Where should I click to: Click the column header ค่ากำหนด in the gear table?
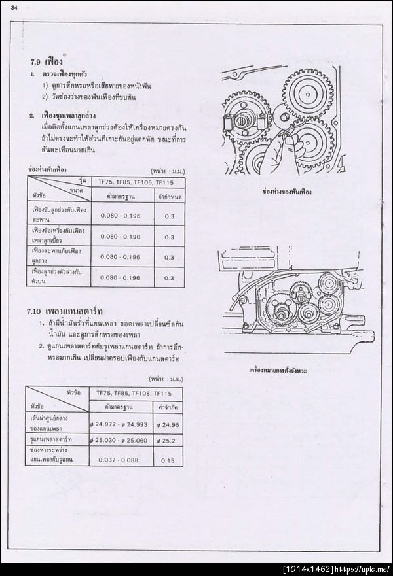pos(170,195)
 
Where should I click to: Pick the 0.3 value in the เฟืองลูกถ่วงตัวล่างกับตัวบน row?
pos(170,277)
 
